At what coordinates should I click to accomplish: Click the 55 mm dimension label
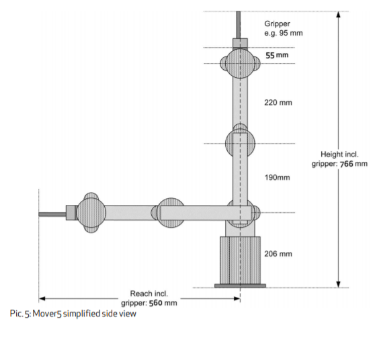tap(277, 55)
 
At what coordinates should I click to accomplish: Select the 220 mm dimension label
tap(278, 103)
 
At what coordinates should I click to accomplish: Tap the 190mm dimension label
tap(278, 177)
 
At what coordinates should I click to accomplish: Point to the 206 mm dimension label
tap(278, 254)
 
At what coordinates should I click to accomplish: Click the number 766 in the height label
tap(347, 164)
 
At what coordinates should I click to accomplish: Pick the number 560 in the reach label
tap(155, 303)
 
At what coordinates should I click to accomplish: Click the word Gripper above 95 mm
tap(278, 24)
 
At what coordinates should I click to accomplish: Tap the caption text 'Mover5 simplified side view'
tap(85, 314)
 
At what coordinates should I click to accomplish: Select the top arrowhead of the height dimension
tap(338, 14)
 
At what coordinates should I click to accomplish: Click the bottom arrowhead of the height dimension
tap(338, 284)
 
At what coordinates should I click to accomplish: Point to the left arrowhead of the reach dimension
tap(42, 299)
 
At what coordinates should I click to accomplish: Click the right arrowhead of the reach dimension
tap(237, 299)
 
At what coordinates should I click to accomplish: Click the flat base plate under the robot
tap(240, 285)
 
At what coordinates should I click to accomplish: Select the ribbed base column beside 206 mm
tap(240, 261)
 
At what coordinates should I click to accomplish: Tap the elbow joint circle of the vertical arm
tap(240, 144)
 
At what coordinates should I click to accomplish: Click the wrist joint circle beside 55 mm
tap(240, 63)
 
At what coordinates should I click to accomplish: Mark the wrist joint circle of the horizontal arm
tap(91, 213)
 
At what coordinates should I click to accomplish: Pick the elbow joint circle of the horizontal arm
tap(171, 213)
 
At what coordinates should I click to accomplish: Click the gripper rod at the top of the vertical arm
tap(239, 24)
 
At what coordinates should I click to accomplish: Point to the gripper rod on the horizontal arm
tap(52, 214)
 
